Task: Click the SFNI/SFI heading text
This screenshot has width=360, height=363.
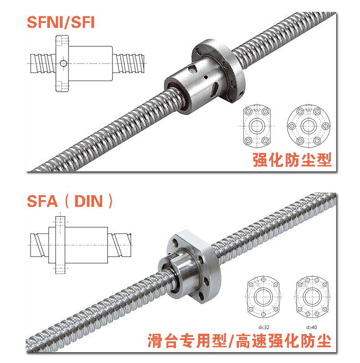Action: click(61, 22)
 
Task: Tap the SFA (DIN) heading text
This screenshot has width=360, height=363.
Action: click(70, 201)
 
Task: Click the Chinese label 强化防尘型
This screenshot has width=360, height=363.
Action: click(292, 160)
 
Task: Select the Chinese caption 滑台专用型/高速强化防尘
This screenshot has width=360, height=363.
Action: click(239, 341)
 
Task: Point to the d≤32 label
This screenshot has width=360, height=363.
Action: click(264, 327)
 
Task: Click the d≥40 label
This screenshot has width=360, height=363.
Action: click(311, 327)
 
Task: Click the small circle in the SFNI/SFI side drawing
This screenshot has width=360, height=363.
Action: click(63, 63)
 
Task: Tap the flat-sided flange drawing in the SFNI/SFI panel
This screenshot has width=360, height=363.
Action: click(257, 126)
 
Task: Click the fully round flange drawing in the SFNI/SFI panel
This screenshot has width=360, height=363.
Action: click(309, 126)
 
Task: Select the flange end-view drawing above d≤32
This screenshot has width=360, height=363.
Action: click(263, 297)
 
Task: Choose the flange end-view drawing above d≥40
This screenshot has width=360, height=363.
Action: click(312, 297)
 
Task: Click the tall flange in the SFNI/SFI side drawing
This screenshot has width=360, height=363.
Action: click(62, 63)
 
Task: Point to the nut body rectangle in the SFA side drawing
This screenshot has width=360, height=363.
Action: click(78, 245)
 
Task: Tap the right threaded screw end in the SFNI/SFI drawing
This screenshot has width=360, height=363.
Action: click(128, 63)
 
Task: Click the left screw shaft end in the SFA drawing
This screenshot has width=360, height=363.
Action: click(40, 245)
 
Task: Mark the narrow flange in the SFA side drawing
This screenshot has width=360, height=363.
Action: click(60, 245)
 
